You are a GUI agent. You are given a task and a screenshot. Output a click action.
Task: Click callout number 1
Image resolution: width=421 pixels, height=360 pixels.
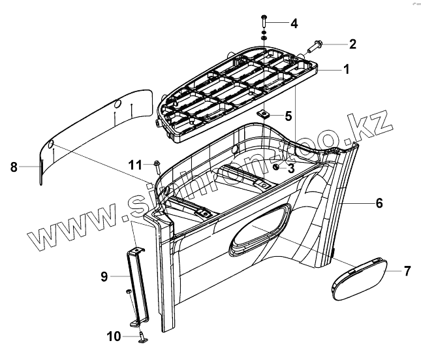click(x=347, y=69)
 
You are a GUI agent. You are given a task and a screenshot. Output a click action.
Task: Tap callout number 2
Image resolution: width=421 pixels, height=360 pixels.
click(x=352, y=44)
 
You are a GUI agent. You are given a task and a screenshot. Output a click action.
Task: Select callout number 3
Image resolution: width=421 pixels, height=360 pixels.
click(x=291, y=168)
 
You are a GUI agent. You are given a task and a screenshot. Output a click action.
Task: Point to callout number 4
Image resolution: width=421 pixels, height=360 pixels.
click(x=294, y=24)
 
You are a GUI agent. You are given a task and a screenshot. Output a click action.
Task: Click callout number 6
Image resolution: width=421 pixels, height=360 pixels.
click(x=379, y=203)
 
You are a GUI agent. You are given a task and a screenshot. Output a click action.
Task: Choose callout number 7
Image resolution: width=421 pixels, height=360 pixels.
click(x=407, y=270)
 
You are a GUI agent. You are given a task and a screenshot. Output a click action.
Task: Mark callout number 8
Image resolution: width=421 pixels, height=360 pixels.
click(x=14, y=167)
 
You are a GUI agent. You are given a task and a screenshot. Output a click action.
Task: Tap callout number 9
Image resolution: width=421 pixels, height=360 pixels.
click(x=104, y=276)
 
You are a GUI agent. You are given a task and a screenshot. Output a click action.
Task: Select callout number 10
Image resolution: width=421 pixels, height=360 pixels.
click(x=114, y=336)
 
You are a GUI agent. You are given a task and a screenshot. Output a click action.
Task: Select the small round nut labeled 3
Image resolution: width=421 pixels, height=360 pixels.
click(x=277, y=168)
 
